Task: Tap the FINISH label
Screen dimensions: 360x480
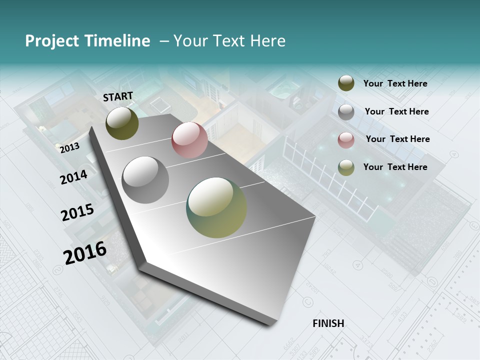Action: [x=328, y=323]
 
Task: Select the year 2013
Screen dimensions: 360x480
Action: [x=69, y=147]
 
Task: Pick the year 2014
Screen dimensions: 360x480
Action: [x=73, y=177]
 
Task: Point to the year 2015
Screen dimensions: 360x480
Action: [x=77, y=212]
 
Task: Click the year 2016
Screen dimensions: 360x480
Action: [x=85, y=252]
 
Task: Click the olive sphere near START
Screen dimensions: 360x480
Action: [x=122, y=123]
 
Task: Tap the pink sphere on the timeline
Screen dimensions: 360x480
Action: [x=189, y=140]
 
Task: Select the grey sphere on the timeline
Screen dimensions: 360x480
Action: [x=145, y=180]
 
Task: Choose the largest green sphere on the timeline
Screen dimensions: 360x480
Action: [x=216, y=207]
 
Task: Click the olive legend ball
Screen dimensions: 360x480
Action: [x=346, y=83]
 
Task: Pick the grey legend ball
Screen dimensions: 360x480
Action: [x=346, y=112]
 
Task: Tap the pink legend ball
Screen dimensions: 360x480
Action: [x=346, y=140]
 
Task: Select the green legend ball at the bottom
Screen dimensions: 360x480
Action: [x=346, y=167]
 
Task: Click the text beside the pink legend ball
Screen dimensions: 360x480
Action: [x=397, y=139]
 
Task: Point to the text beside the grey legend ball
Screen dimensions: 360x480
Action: [x=396, y=111]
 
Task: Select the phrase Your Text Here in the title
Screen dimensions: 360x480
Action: [x=229, y=41]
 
